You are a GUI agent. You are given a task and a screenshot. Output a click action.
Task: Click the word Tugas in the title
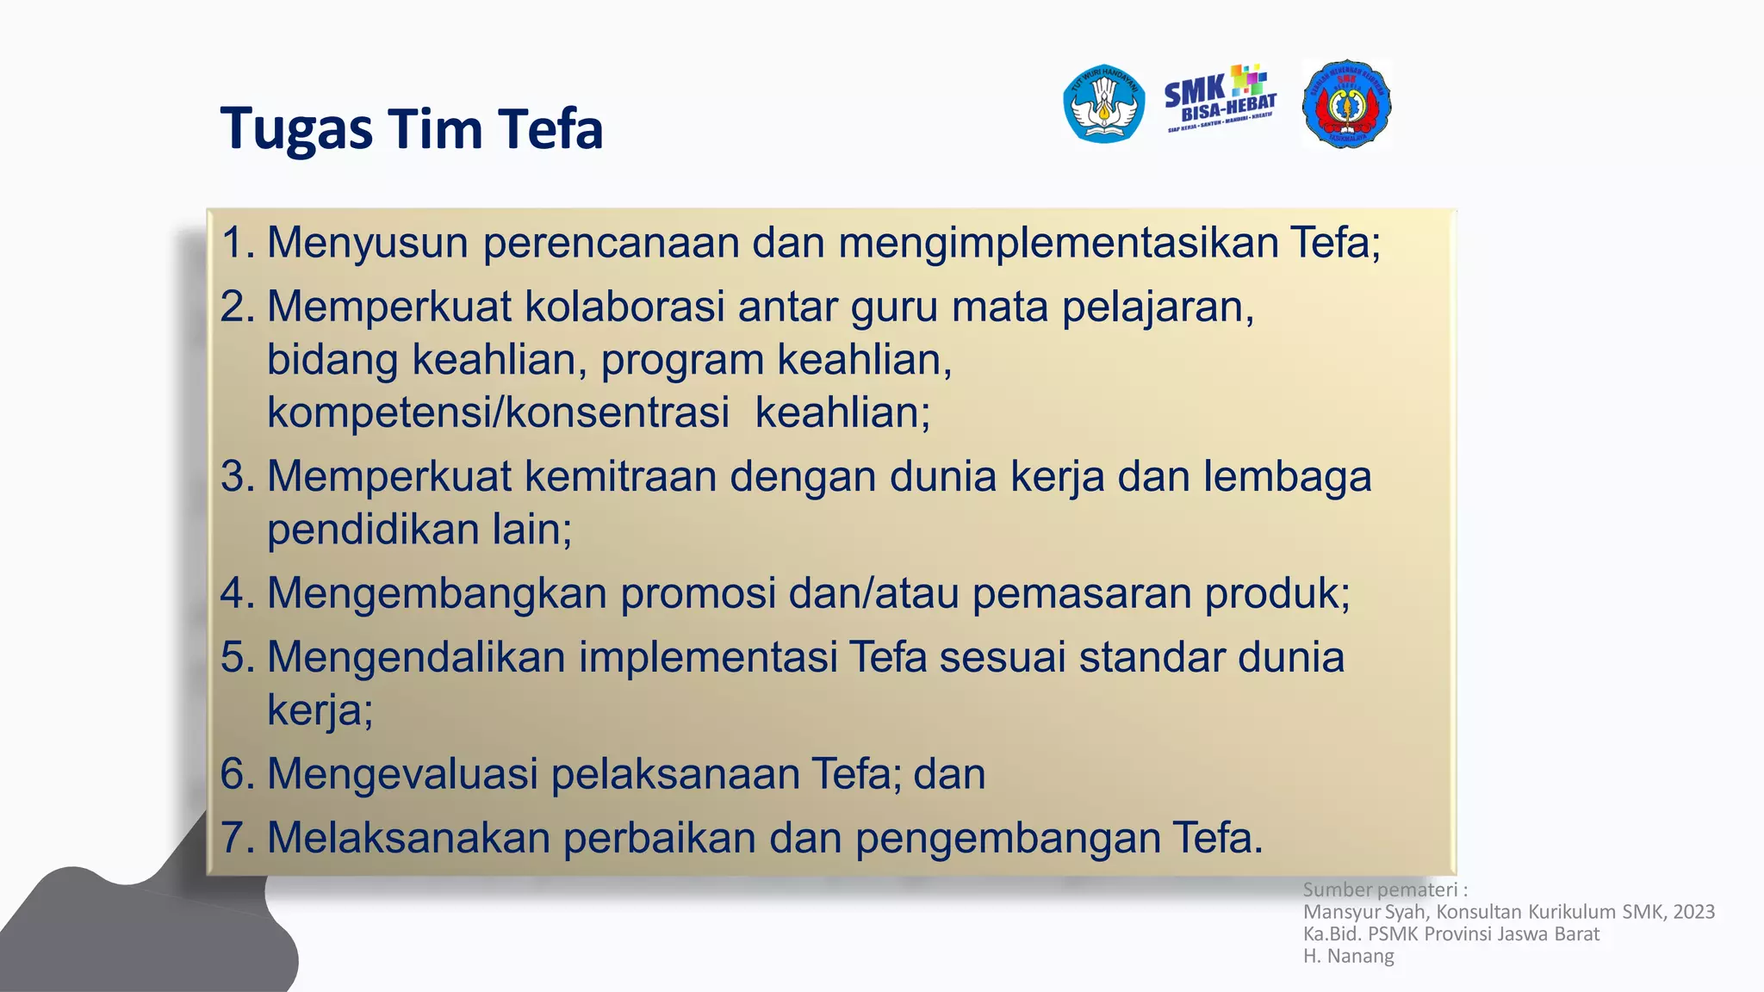click(x=295, y=130)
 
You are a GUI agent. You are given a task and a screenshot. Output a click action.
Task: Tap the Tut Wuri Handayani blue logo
click(x=1103, y=103)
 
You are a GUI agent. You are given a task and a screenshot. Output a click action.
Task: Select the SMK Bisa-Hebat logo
click(x=1220, y=99)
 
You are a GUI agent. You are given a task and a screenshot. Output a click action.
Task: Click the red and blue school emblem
click(x=1346, y=104)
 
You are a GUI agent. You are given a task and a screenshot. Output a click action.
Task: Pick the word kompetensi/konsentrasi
click(x=498, y=412)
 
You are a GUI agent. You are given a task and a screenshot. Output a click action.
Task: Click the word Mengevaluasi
click(x=402, y=773)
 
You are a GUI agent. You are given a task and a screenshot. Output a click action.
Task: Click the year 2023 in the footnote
click(x=1693, y=912)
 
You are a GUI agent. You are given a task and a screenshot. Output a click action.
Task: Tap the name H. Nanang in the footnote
click(x=1348, y=956)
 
